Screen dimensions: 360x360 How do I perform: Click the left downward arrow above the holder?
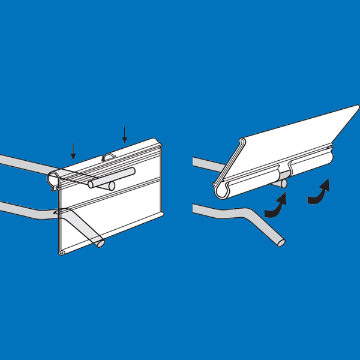[x=73, y=151]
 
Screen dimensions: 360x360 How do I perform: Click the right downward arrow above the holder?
[x=125, y=135]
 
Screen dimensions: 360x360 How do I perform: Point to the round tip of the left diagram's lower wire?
[x=100, y=244]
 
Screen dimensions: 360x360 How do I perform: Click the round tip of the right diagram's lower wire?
[x=280, y=243]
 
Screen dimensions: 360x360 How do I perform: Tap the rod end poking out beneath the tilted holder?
[x=283, y=184]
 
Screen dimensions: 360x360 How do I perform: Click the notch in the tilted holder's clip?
[x=282, y=170]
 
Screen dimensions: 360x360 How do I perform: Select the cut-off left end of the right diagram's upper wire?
[x=194, y=162]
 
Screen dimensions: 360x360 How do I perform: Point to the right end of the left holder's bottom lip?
[x=161, y=211]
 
